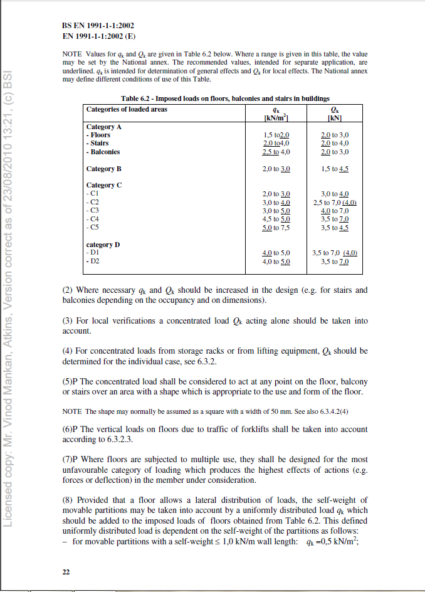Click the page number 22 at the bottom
(66, 571)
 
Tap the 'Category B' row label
(103, 169)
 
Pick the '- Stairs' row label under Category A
(97, 144)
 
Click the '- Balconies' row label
(103, 152)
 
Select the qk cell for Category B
(276, 169)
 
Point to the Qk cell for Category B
(334, 169)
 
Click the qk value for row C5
(276, 228)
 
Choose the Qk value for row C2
(334, 203)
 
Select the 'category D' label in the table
(103, 245)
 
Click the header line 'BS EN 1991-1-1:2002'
(98, 26)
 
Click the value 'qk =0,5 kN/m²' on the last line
(335, 542)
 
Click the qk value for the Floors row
(276, 135)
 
